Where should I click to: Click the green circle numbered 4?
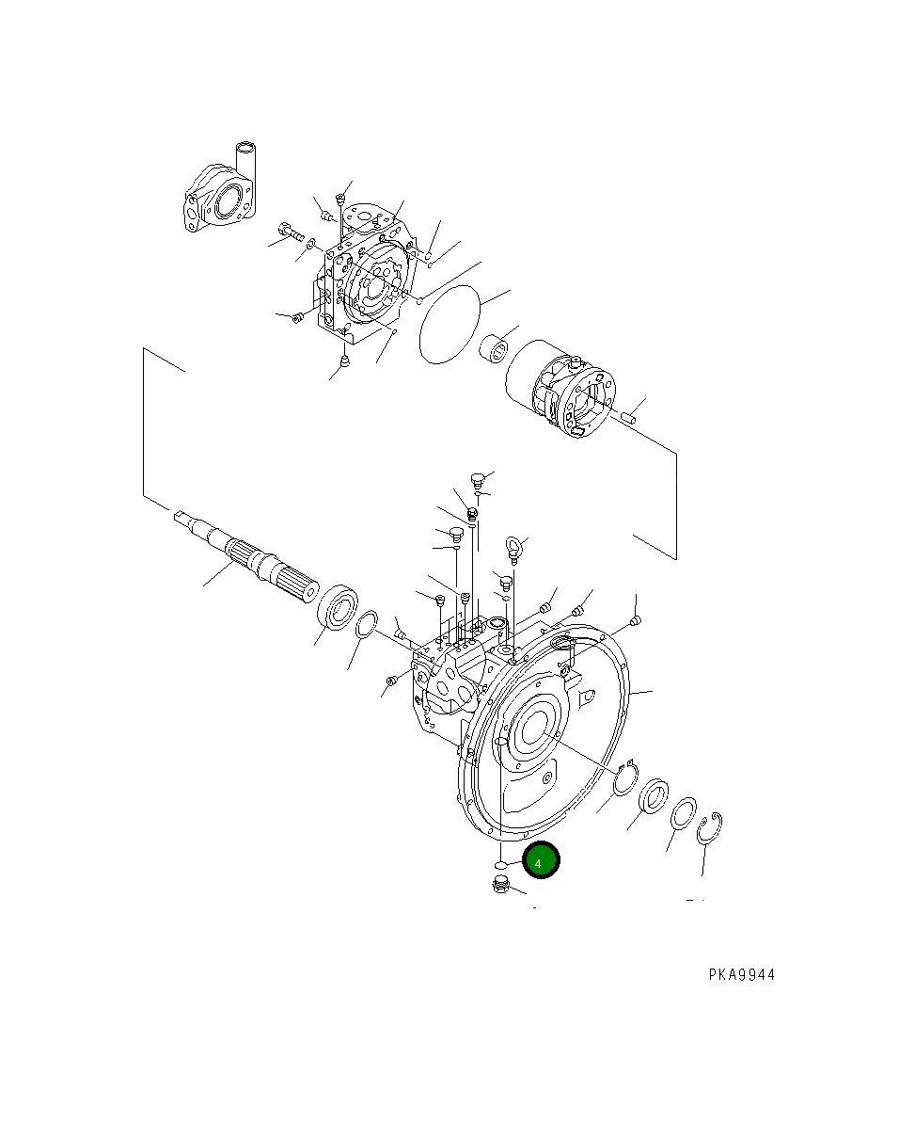pyautogui.click(x=541, y=860)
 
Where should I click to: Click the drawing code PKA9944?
pyautogui.click(x=742, y=975)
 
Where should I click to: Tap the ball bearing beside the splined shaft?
pyautogui.click(x=339, y=606)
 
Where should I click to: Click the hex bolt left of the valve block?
pyautogui.click(x=289, y=230)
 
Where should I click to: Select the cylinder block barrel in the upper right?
pyautogui.click(x=560, y=392)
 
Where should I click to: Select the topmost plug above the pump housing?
pyautogui.click(x=477, y=478)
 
